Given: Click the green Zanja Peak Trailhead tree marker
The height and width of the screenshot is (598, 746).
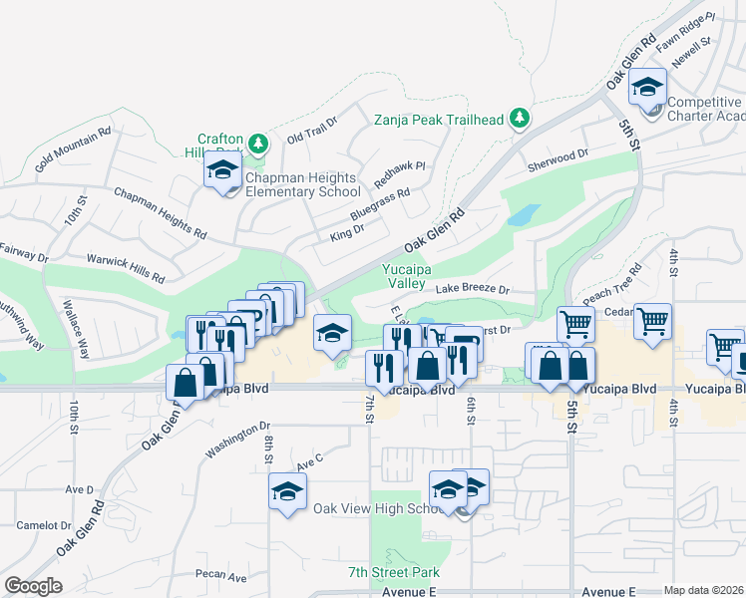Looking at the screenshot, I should [x=519, y=120].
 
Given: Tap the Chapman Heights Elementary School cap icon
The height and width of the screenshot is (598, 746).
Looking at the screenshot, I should [x=223, y=170].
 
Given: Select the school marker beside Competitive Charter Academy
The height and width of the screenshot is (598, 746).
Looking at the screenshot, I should [x=647, y=90].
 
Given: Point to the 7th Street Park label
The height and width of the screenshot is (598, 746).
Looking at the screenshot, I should [x=394, y=572].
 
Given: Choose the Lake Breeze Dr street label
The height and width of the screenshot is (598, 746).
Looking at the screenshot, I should [x=472, y=290].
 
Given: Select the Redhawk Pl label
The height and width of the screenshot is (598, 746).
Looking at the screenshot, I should [x=399, y=176].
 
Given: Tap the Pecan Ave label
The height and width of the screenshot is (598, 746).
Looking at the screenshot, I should [x=220, y=576].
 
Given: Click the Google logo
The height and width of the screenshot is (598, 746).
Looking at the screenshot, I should [x=33, y=586].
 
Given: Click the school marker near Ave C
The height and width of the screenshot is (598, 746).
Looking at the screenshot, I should [x=287, y=492].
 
